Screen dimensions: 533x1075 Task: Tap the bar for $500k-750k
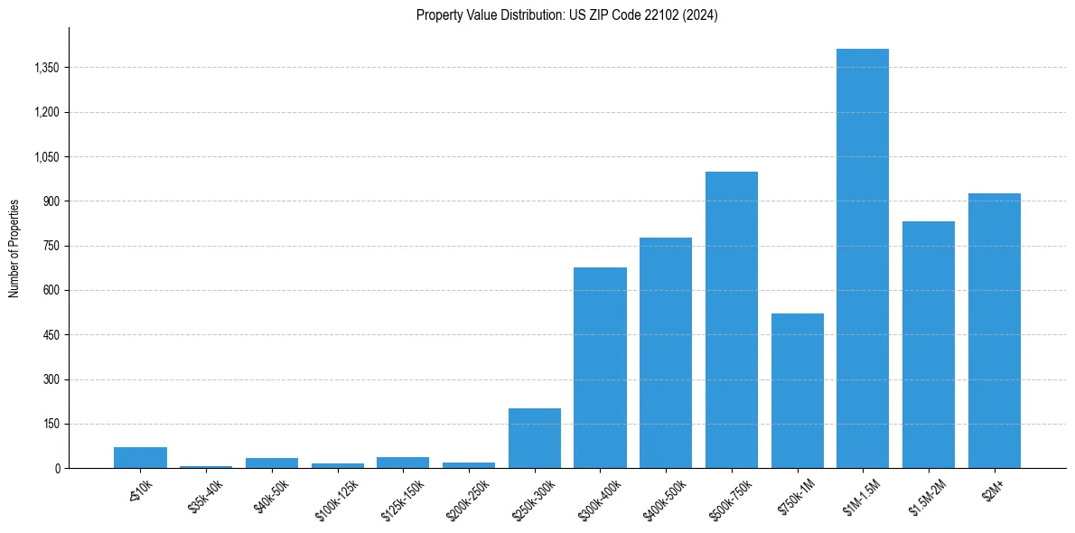click(x=731, y=320)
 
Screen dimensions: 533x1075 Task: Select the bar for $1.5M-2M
click(x=928, y=344)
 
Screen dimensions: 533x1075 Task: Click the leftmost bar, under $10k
click(x=140, y=457)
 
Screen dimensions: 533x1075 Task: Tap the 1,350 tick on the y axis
click(x=45, y=68)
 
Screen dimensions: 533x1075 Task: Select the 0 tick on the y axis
click(x=57, y=469)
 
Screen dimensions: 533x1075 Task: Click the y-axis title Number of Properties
click(x=14, y=248)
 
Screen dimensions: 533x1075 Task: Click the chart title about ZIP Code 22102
click(x=566, y=15)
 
